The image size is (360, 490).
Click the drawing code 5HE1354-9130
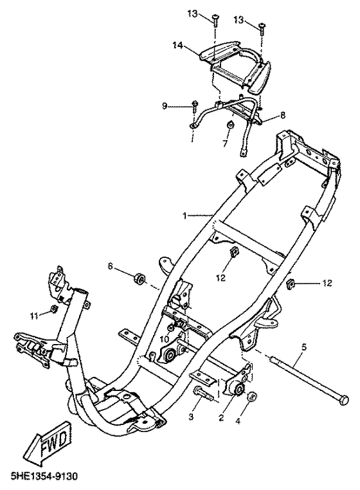click(x=44, y=477)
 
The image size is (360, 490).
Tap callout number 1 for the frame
click(x=185, y=216)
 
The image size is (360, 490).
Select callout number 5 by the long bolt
click(x=304, y=347)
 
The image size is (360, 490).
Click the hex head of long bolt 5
click(x=343, y=401)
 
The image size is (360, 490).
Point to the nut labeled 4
click(x=252, y=397)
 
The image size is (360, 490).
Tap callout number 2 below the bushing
click(x=221, y=417)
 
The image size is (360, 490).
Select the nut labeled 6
click(x=139, y=279)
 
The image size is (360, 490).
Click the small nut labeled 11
click(x=53, y=309)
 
